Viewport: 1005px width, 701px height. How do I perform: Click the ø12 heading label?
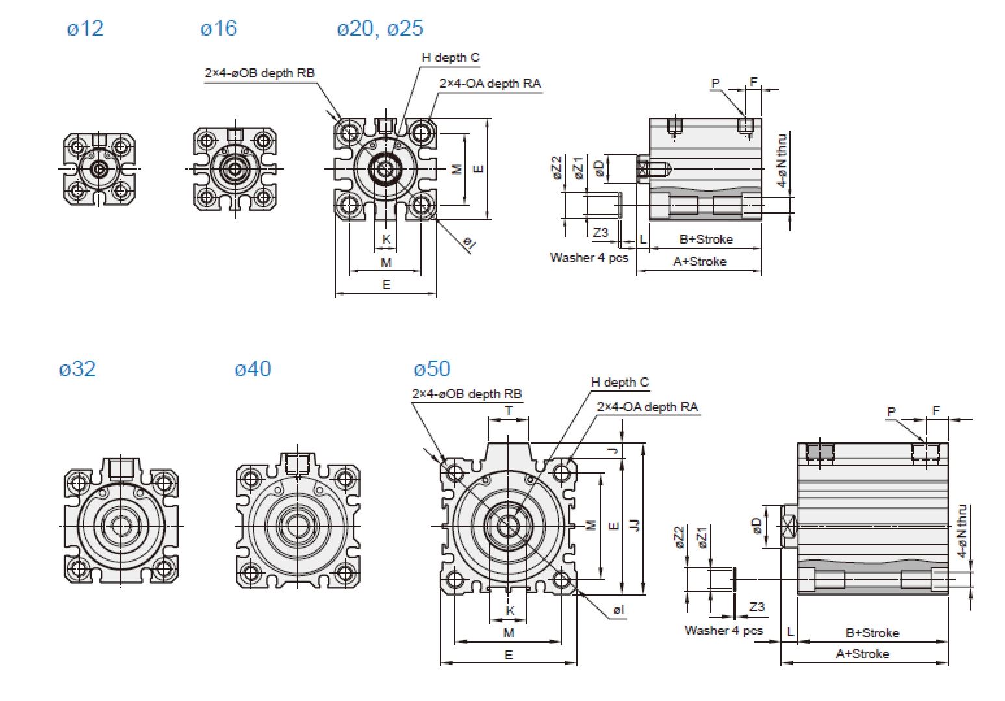[x=85, y=29]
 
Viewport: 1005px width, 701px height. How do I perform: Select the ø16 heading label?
[x=218, y=29]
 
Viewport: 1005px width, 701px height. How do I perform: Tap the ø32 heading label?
[x=77, y=369]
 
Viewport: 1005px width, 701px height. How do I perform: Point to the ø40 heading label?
[x=252, y=369]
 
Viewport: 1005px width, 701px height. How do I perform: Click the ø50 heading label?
[x=431, y=369]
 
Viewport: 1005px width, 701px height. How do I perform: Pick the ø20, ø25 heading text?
[x=379, y=29]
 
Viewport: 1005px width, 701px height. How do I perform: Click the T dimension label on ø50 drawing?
[x=509, y=411]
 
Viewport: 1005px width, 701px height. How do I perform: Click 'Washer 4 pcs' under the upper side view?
[x=589, y=257]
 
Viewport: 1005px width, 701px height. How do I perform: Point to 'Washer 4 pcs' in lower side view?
[x=723, y=630]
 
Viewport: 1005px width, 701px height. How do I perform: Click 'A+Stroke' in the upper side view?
[x=699, y=261]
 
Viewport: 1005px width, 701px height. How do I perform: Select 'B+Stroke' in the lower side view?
[x=872, y=632]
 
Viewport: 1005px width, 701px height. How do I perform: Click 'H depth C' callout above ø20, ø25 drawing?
[x=450, y=57]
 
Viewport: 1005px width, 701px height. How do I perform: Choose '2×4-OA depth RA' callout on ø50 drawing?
[x=647, y=407]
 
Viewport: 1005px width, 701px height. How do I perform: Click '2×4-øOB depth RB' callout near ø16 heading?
[x=259, y=73]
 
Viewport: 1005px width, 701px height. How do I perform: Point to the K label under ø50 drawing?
[x=510, y=611]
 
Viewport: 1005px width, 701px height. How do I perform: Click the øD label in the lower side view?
[x=757, y=526]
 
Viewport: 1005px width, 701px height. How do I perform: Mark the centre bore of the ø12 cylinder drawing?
[x=99, y=169]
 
